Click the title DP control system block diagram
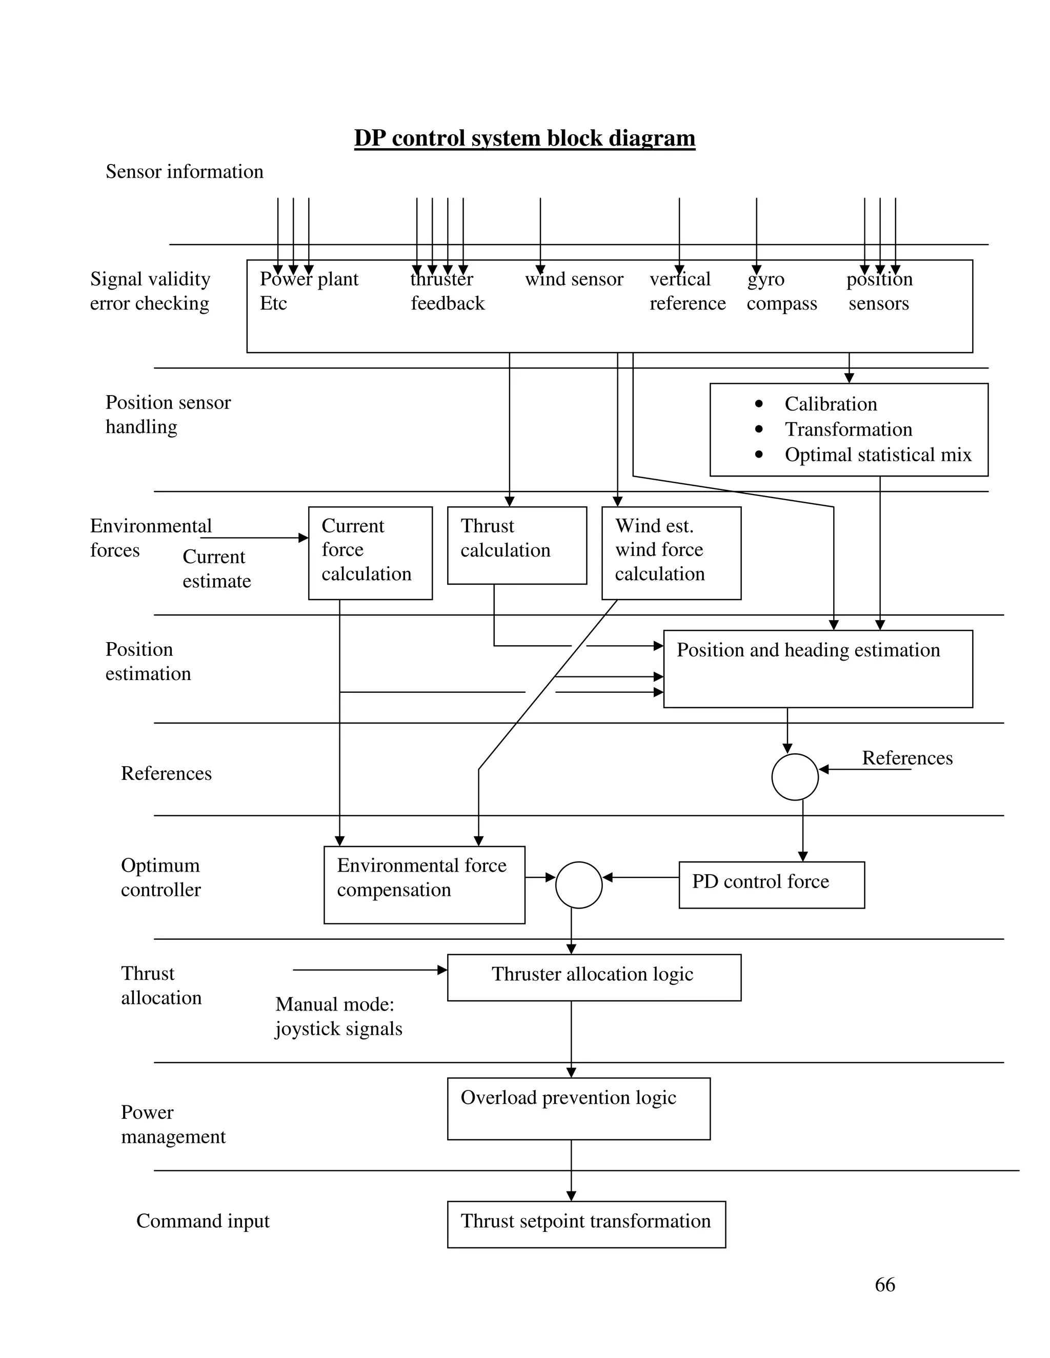click(x=524, y=138)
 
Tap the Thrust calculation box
click(x=516, y=545)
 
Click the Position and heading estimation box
click(x=817, y=668)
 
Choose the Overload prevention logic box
click(x=578, y=1108)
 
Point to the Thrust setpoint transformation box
click(x=586, y=1224)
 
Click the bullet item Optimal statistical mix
click(x=877, y=455)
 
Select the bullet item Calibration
click(x=831, y=404)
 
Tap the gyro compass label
click(x=781, y=291)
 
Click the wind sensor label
click(x=574, y=279)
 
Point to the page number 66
click(x=884, y=1284)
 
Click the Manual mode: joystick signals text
click(x=338, y=1016)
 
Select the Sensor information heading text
click(x=184, y=172)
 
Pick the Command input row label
click(x=203, y=1221)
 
